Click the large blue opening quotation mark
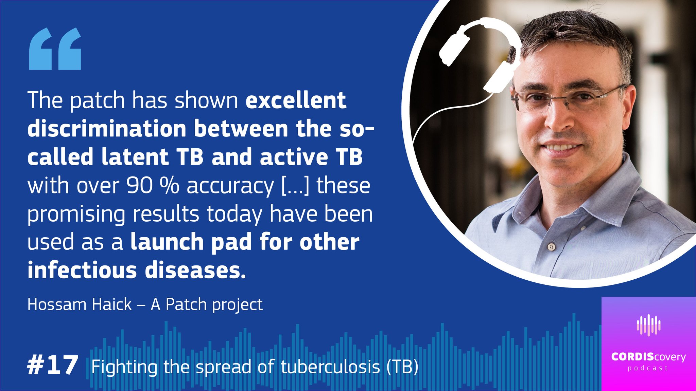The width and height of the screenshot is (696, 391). (x=55, y=49)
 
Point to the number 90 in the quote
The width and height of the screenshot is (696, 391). (x=139, y=186)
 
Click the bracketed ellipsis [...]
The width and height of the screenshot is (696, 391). (x=295, y=186)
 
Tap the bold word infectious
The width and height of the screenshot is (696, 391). (x=82, y=270)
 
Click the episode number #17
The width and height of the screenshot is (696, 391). (x=53, y=365)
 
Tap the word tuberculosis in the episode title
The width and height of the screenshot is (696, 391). (x=330, y=367)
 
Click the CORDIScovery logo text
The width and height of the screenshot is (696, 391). (x=648, y=357)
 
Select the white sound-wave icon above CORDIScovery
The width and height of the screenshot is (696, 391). (x=648, y=325)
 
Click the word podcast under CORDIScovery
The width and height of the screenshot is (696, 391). (x=648, y=368)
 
